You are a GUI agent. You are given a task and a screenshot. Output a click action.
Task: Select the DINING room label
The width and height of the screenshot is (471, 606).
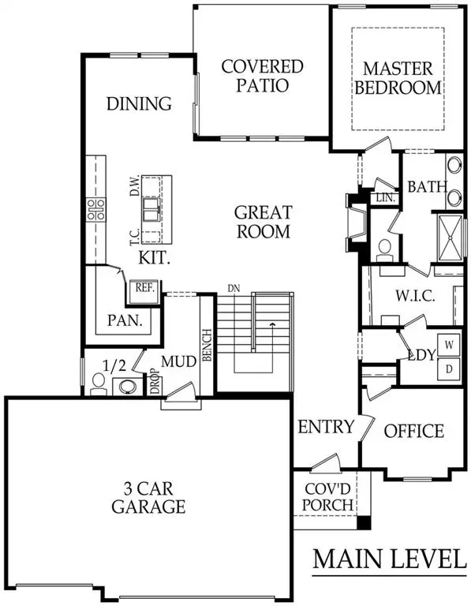click(x=139, y=103)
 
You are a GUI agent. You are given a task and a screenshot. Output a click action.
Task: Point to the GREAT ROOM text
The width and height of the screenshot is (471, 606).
click(x=263, y=222)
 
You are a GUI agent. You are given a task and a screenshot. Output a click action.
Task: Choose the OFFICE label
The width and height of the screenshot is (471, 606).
click(x=413, y=431)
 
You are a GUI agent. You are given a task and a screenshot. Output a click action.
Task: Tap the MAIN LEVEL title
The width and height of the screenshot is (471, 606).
click(x=388, y=559)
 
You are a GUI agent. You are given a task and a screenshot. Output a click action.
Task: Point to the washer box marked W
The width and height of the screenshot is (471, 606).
click(x=448, y=345)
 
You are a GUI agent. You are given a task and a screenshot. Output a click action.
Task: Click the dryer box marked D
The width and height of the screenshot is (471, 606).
click(x=448, y=368)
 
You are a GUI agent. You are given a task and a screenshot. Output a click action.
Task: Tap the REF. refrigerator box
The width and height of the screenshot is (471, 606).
click(x=144, y=288)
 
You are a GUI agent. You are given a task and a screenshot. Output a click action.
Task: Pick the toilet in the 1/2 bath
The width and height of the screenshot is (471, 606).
click(x=98, y=383)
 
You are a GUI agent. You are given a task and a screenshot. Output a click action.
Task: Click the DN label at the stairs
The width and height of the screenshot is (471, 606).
click(x=233, y=288)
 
